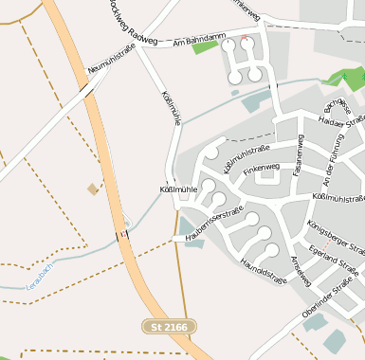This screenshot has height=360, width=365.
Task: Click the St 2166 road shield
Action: [x=170, y=327]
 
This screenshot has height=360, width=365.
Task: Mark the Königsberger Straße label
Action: [x=337, y=237]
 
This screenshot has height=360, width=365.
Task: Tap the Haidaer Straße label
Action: [x=342, y=121]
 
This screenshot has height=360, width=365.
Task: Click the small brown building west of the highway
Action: [x=93, y=189]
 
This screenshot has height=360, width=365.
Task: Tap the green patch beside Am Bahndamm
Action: [x=205, y=46]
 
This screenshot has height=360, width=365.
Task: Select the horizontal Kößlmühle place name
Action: [x=178, y=189]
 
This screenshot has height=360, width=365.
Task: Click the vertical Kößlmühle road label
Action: [x=169, y=112]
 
